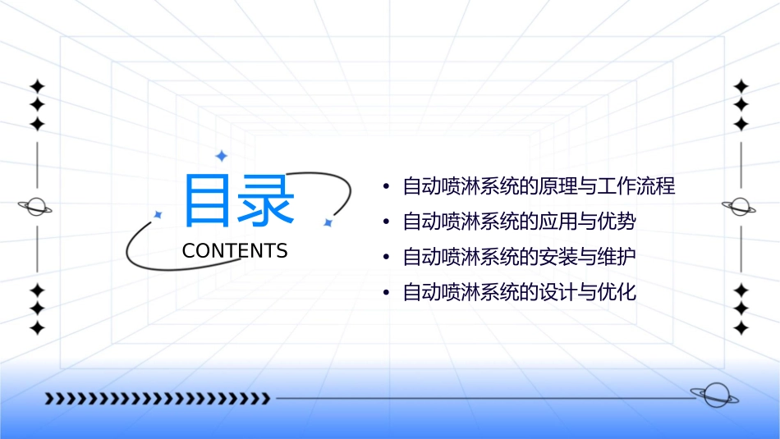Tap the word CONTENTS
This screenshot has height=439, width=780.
(235, 251)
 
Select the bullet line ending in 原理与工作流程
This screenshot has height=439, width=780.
(539, 186)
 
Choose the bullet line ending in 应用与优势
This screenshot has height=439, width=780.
(519, 222)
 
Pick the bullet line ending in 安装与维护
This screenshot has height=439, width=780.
(519, 257)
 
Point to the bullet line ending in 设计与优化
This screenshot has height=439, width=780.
(519, 292)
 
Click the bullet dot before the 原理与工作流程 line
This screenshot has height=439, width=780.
(386, 187)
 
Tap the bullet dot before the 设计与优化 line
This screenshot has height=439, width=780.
(386, 293)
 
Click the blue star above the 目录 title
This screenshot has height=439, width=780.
(220, 156)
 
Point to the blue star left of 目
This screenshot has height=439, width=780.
(158, 215)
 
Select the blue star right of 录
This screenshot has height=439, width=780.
(327, 222)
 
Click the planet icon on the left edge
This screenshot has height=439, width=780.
(36, 207)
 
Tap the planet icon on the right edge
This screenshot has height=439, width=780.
(741, 207)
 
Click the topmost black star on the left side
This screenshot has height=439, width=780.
(37, 86)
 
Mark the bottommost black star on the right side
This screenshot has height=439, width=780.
(741, 328)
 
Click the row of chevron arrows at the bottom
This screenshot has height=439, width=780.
(158, 399)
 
